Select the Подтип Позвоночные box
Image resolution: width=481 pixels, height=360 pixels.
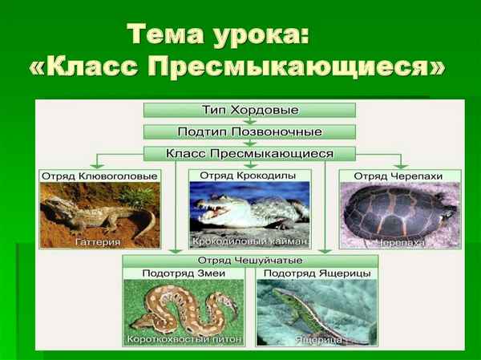point(250,131)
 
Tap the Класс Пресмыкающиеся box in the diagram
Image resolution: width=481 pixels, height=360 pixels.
point(250,152)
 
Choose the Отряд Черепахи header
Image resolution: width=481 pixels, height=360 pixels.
point(399,175)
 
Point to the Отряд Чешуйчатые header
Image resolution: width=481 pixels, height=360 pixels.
point(250,261)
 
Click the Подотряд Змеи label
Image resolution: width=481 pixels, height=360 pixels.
point(184,274)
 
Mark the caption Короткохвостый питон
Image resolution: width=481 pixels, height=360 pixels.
point(184,340)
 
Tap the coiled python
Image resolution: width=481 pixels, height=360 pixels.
point(180,309)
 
